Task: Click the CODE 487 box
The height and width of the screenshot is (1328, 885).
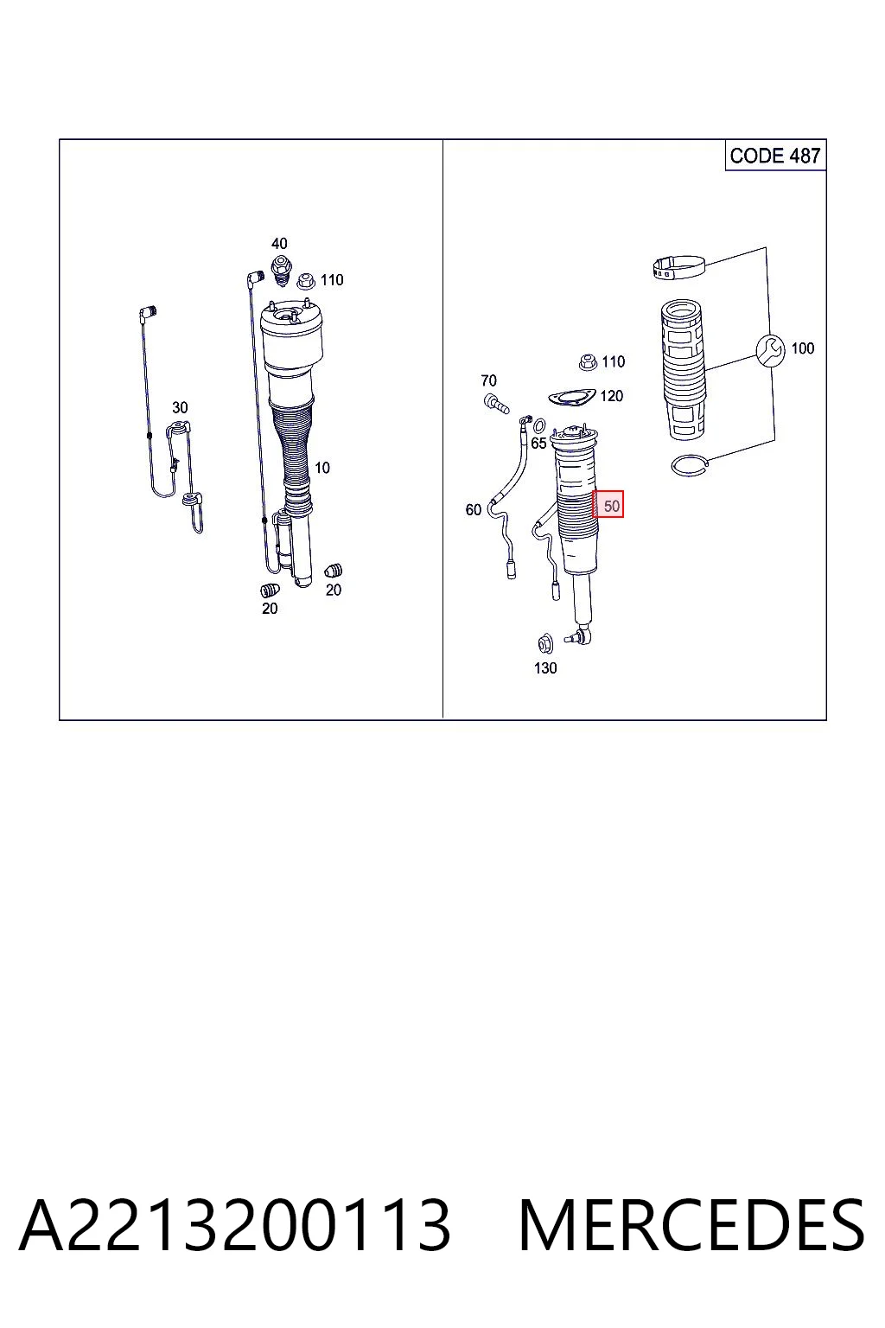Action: [x=775, y=156]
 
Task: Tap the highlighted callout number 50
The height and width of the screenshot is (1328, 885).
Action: [x=608, y=504]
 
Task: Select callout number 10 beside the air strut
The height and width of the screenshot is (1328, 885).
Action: [x=322, y=468]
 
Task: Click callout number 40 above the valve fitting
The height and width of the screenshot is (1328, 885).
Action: [x=279, y=244]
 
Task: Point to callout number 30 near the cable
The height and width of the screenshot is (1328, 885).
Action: [x=180, y=408]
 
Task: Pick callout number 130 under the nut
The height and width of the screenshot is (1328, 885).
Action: [x=545, y=668]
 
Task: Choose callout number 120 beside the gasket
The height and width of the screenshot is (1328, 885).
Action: [x=612, y=396]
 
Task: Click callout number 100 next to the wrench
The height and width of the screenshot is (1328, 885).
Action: [x=803, y=348]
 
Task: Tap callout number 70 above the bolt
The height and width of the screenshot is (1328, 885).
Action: [x=488, y=380]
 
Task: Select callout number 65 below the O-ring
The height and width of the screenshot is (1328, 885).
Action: [x=538, y=443]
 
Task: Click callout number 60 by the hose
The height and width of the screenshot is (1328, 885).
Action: [x=473, y=510]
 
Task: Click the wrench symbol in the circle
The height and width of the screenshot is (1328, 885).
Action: [x=771, y=350]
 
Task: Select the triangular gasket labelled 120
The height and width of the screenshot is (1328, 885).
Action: [x=571, y=397]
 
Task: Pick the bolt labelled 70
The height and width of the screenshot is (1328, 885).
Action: [x=496, y=404]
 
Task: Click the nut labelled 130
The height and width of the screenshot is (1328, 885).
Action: [x=544, y=643]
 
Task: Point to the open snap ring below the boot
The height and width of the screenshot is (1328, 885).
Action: [x=690, y=465]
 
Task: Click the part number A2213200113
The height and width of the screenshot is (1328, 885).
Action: [x=235, y=1225]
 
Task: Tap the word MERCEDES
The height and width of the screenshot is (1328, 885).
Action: [x=691, y=1225]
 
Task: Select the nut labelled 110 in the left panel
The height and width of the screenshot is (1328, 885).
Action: [x=306, y=280]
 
